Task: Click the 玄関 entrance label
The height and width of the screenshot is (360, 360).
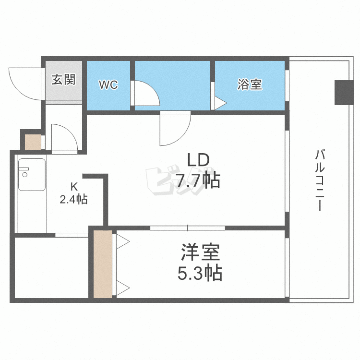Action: [63, 79]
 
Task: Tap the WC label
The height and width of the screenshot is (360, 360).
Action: [108, 84]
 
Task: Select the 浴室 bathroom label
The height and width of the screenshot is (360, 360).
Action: [250, 84]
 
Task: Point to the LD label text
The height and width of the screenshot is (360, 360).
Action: [199, 160]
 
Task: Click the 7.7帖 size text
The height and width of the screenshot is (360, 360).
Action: [198, 180]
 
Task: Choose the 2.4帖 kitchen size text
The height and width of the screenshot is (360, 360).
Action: [73, 199]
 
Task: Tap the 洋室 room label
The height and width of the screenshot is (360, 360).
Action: [200, 252]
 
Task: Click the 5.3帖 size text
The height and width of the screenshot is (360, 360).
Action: [200, 273]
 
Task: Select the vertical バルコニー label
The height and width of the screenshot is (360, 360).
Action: [320, 180]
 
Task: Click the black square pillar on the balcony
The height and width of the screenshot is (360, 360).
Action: [344, 93]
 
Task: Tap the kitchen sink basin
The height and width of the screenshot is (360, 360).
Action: [32, 175]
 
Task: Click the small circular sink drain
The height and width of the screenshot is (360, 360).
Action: [25, 175]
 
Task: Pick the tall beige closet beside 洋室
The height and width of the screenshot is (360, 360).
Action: [103, 264]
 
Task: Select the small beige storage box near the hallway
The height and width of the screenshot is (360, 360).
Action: [33, 142]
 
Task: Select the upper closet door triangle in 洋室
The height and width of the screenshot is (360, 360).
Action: [123, 241]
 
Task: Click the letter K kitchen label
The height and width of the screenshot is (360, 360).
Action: [74, 187]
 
